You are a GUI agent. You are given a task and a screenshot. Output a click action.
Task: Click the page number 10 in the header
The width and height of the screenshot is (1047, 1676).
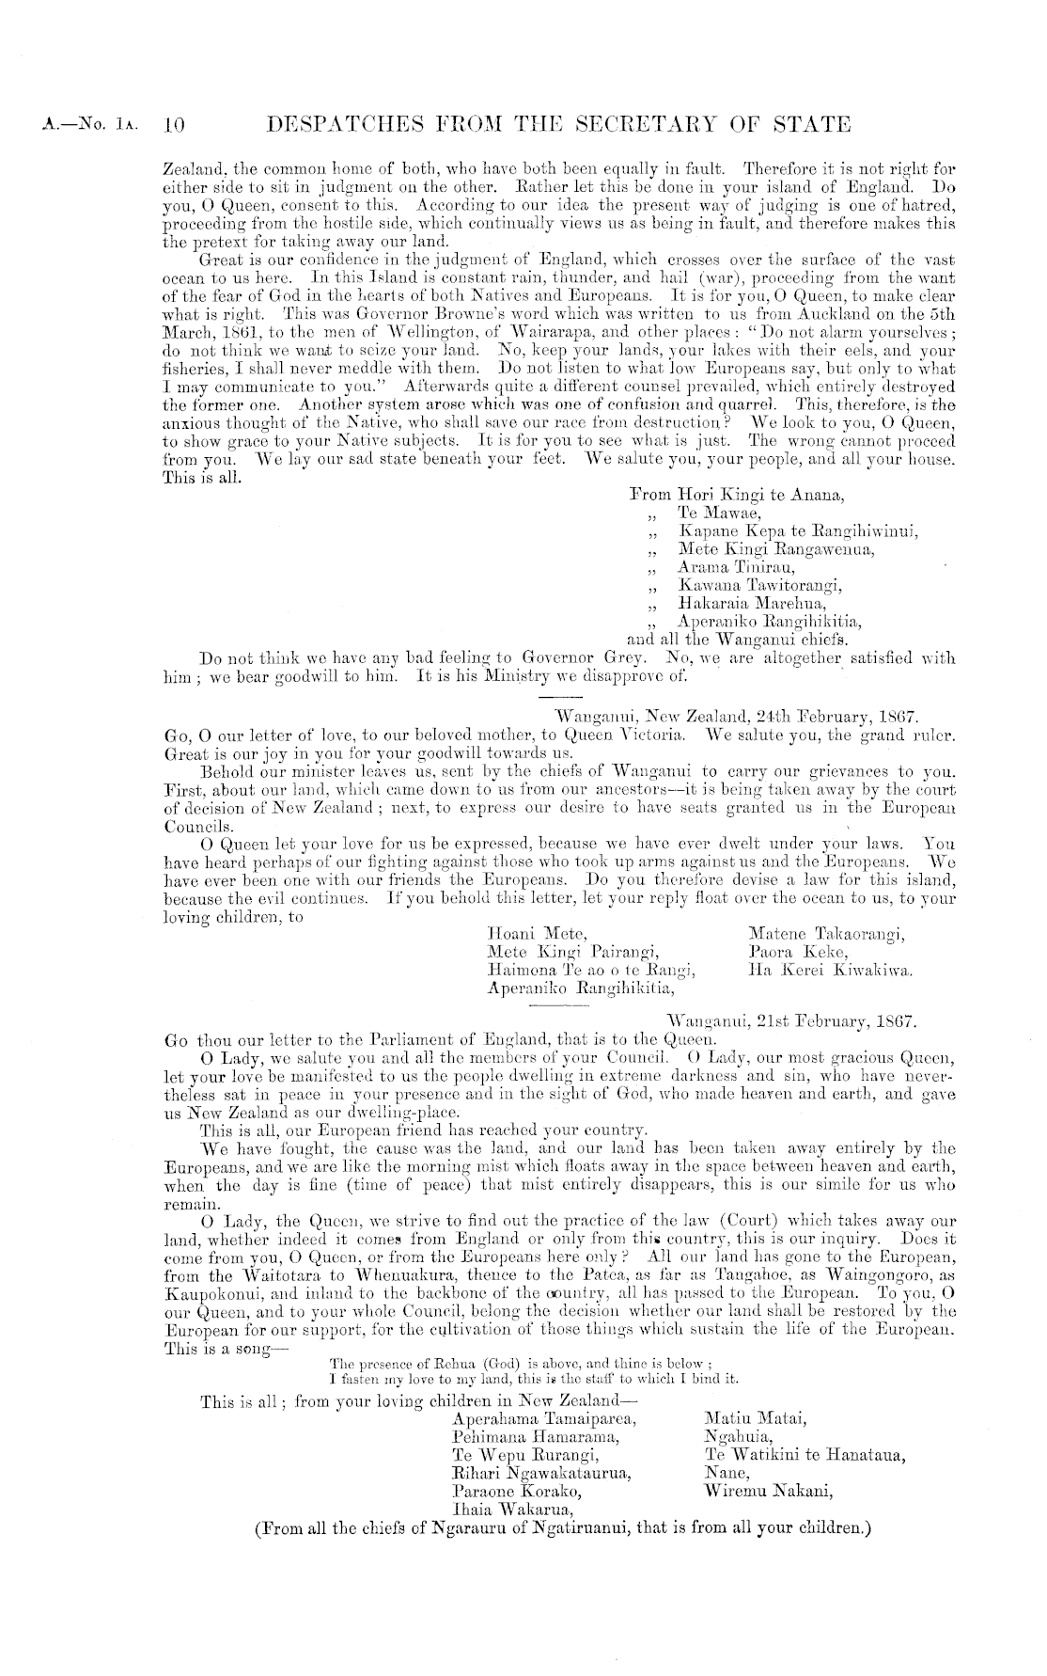(177, 125)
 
